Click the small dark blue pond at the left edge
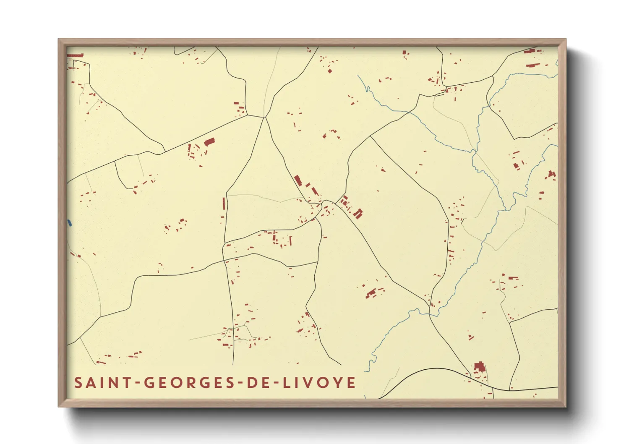(x=69, y=223)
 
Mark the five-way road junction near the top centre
(x=265, y=117)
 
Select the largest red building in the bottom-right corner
(x=479, y=367)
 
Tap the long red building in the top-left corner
(x=76, y=55)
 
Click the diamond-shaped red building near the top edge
(x=330, y=71)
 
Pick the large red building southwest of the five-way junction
(x=209, y=142)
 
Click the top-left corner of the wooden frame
(x=59, y=39)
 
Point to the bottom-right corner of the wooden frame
(x=566, y=406)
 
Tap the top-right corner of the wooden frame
(x=566, y=39)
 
